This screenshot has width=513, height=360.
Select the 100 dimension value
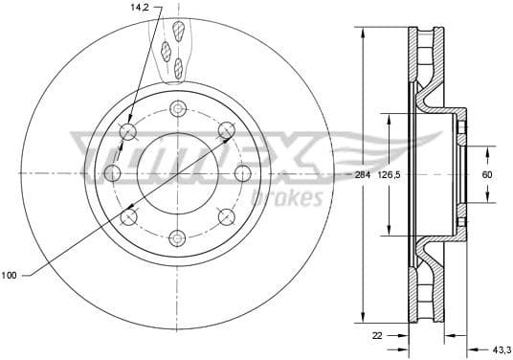click(10, 276)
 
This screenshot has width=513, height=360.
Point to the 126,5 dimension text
click(388, 175)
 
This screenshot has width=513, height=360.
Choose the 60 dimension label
click(486, 175)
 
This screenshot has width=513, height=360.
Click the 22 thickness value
click(379, 335)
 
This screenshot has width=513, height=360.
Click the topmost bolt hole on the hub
click(176, 108)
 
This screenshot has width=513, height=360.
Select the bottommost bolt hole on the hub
click(176, 238)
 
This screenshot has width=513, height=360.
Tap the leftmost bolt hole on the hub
click(111, 173)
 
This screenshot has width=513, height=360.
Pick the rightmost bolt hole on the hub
click(242, 173)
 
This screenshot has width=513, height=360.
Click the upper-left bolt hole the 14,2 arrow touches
click(129, 129)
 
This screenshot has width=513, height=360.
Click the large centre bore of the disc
click(176, 173)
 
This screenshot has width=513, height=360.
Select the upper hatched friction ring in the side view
click(426, 57)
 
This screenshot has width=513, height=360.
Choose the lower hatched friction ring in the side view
click(426, 292)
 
